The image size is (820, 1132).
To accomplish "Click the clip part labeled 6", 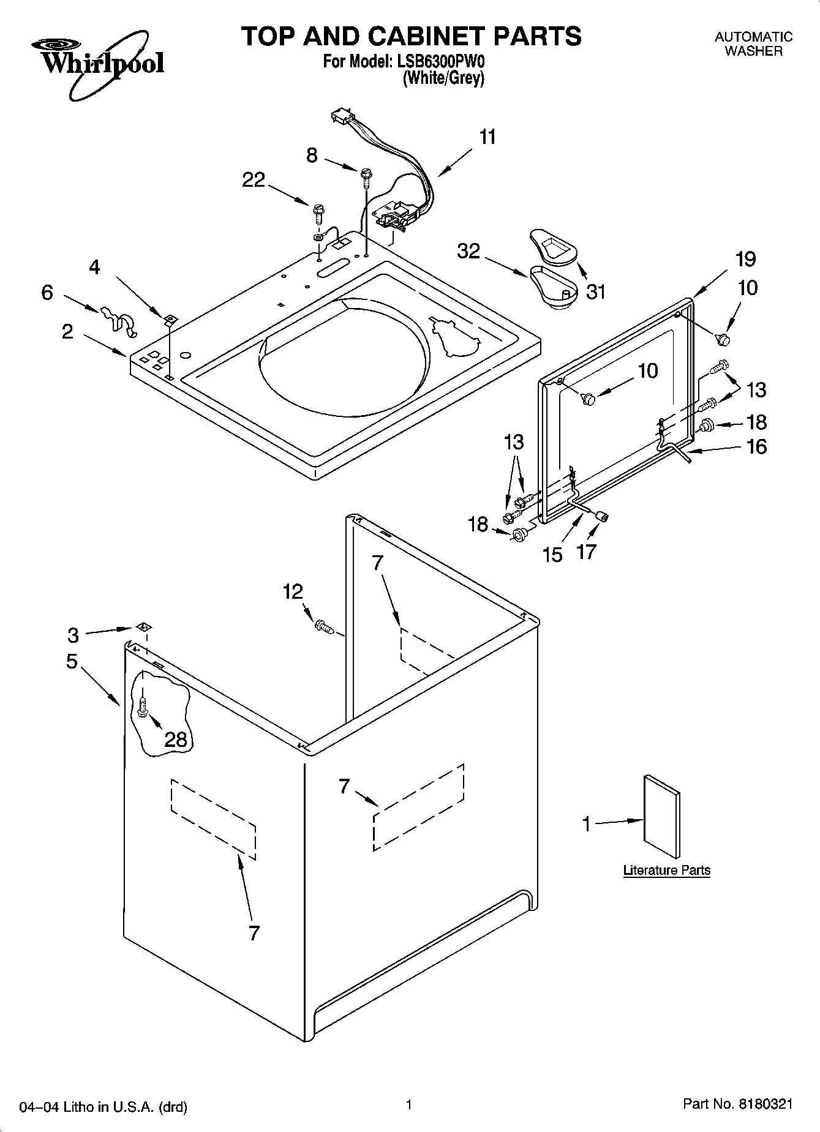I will coord(119,319).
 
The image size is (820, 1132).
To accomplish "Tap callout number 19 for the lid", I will coord(745,259).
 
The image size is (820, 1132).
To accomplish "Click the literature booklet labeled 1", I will coord(661,817).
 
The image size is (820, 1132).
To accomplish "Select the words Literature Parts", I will coord(666,870).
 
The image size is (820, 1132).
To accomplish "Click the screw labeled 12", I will coord(322,626).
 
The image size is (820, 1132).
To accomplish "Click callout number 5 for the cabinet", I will coord(72,661).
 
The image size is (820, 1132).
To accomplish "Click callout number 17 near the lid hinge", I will coord(586,552).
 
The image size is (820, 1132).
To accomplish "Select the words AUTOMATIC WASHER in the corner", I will coord(753,44).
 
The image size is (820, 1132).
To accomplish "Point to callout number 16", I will coord(757,447).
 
